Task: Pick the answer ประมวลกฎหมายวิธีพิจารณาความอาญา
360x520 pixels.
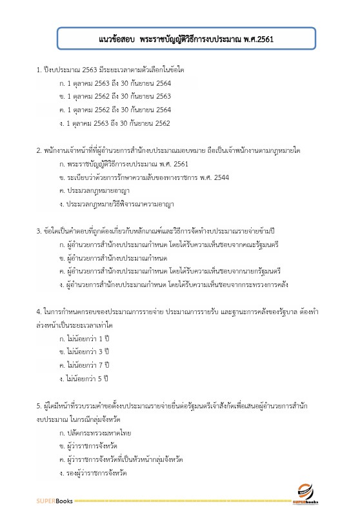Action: click(116, 205)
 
